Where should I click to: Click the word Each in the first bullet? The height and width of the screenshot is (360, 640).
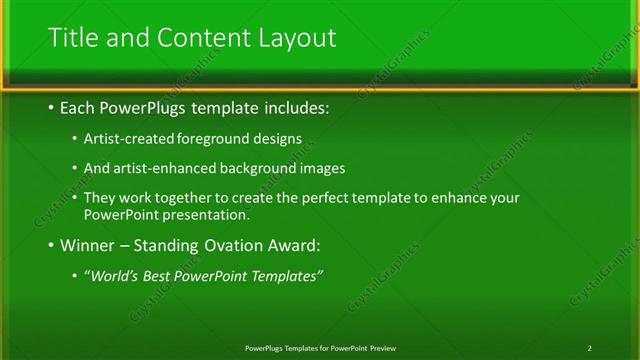[x=79, y=106]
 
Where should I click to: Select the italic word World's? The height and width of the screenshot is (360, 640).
[x=112, y=276]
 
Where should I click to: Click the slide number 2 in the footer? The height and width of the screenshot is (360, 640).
[x=590, y=348]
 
